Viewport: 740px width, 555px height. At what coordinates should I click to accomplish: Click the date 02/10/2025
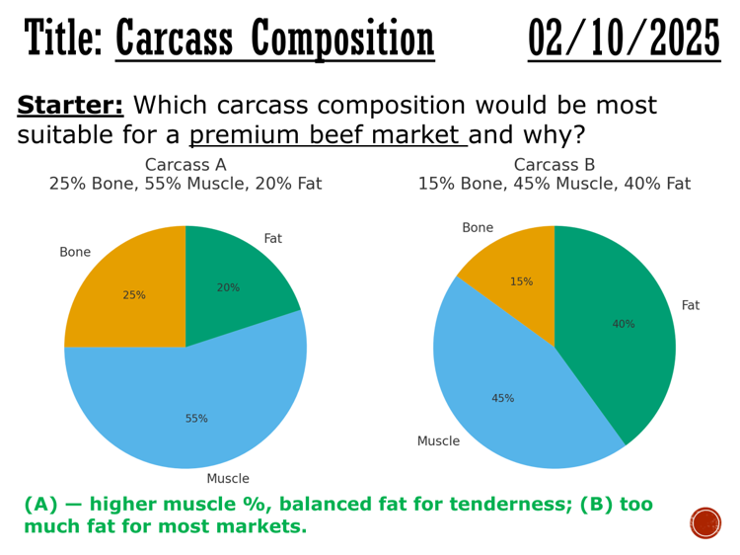[624, 40]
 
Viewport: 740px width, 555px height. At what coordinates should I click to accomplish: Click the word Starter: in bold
[70, 107]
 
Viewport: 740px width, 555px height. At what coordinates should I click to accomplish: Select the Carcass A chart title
[185, 166]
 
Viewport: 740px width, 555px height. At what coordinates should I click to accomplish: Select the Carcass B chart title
[554, 166]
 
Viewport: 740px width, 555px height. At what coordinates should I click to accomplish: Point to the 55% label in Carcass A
[196, 419]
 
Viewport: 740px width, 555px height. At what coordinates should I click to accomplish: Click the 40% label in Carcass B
[624, 324]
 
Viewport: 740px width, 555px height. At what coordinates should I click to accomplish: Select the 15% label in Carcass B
[521, 281]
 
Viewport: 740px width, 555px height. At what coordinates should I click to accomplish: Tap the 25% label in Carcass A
[134, 295]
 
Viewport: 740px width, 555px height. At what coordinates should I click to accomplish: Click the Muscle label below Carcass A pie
[228, 479]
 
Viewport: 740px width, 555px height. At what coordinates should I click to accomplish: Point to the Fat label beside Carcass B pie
[691, 306]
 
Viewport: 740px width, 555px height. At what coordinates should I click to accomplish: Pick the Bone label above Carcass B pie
[478, 228]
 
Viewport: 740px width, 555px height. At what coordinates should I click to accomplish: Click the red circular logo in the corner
[705, 522]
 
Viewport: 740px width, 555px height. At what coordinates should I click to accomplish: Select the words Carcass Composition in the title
[274, 40]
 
